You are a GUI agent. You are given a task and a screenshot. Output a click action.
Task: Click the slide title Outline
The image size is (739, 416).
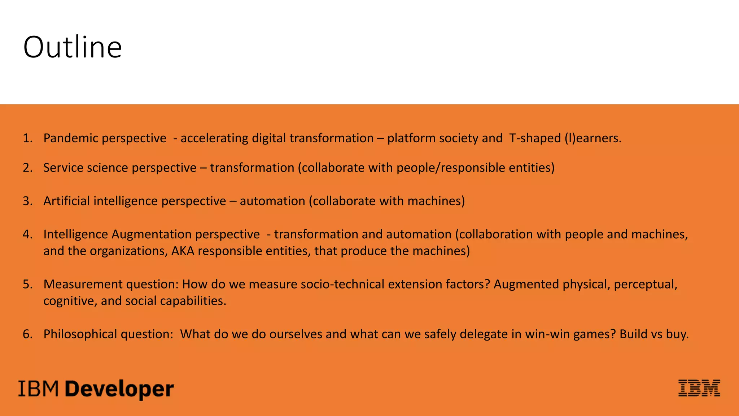click(x=73, y=47)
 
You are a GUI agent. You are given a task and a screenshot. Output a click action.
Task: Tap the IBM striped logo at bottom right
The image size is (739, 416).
click(x=699, y=388)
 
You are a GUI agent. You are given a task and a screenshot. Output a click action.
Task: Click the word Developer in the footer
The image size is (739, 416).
click(x=119, y=389)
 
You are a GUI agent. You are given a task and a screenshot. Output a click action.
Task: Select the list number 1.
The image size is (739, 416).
click(x=27, y=138)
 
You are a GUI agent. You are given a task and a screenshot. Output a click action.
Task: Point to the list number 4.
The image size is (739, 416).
click(x=27, y=234)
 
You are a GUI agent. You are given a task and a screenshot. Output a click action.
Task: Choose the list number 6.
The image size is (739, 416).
click(x=27, y=334)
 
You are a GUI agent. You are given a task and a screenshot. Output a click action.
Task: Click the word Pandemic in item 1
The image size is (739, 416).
click(x=69, y=138)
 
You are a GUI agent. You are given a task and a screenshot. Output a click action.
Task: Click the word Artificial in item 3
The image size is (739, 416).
click(x=67, y=201)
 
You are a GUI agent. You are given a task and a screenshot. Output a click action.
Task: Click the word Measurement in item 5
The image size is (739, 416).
click(x=83, y=284)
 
